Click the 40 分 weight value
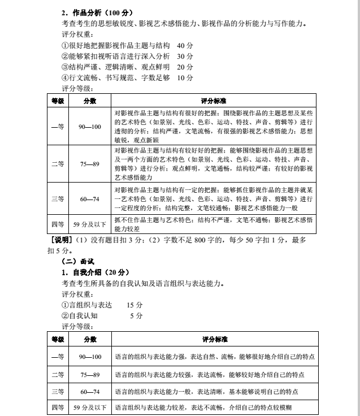(x=185, y=45)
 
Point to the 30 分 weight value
(x=185, y=56)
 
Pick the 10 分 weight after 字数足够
(x=185, y=77)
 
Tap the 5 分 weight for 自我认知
(x=136, y=315)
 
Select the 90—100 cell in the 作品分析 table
(x=90, y=127)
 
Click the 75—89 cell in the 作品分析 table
(x=90, y=164)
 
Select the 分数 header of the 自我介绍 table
(x=90, y=339)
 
